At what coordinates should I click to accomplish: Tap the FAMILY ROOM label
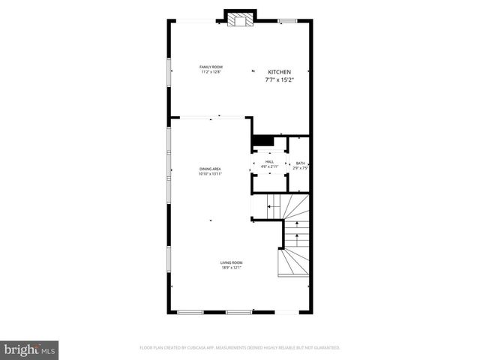pos(211,67)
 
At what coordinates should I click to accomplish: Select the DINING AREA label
pos(210,169)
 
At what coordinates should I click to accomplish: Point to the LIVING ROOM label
pos(231,262)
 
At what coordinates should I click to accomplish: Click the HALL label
pos(269,161)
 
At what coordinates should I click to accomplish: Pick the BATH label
pos(300,163)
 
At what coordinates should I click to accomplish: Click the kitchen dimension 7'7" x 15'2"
pos(280,79)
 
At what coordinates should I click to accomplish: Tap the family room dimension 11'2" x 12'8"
pos(211,71)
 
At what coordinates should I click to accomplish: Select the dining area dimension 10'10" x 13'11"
pos(210,174)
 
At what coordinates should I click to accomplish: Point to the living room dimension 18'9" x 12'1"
pos(231,266)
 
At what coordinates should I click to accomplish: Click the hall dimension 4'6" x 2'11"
pos(269,166)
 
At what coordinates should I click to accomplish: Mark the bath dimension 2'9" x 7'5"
pos(300,168)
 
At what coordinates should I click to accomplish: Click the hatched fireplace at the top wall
pos(240,21)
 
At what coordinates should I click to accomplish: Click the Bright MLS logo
pos(29,349)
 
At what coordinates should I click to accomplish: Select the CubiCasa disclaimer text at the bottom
pos(240,348)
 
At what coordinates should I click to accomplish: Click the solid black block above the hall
pos(262,140)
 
